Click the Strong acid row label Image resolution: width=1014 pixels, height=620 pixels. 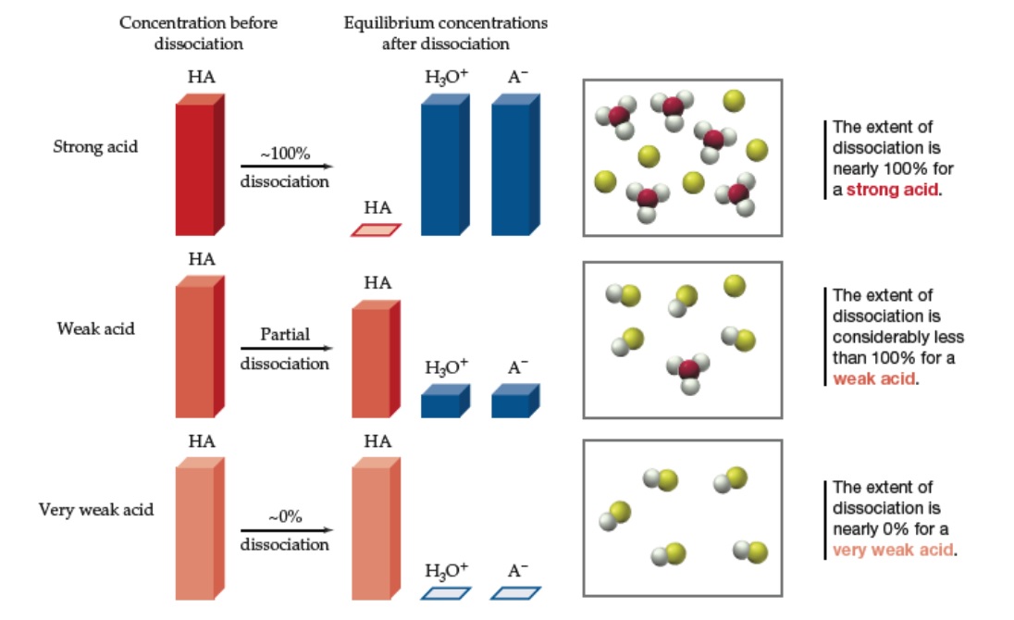pos(95,146)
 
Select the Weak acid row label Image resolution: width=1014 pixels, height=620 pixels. pos(95,328)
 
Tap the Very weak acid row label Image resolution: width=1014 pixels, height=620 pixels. pos(95,509)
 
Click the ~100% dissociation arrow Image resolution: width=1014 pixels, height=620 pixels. pos(285,167)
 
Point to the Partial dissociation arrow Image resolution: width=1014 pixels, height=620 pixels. pos(285,349)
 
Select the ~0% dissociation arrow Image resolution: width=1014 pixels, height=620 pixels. pos(285,530)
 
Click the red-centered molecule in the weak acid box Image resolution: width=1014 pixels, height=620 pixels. pos(689,371)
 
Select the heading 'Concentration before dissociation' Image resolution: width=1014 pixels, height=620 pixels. pos(199,31)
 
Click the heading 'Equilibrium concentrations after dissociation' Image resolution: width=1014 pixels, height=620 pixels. pos(445,31)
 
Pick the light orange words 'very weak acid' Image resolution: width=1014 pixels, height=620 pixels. pos(893,550)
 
